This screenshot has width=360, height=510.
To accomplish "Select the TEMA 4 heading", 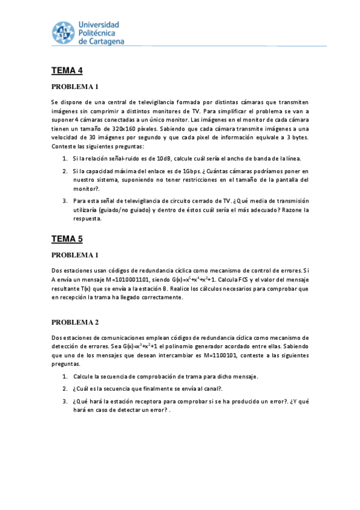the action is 67,70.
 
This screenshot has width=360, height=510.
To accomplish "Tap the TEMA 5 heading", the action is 67,239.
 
